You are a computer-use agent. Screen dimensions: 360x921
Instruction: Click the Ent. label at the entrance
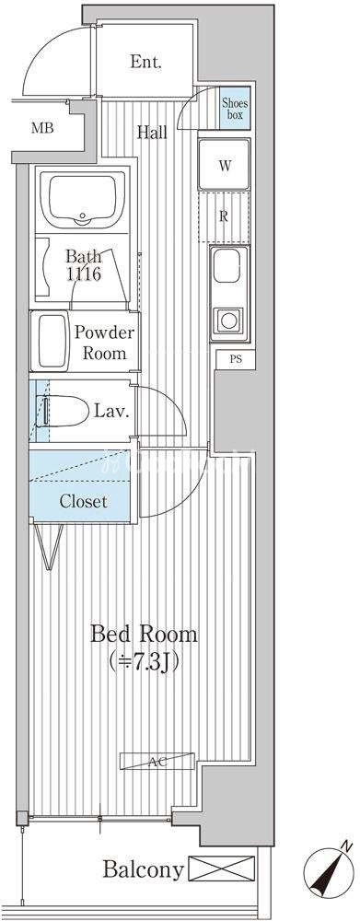click(x=145, y=62)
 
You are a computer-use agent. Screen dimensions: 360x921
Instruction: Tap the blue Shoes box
click(x=235, y=108)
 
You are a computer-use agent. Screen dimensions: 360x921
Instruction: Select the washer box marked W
click(x=225, y=165)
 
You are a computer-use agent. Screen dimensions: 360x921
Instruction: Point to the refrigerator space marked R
click(x=224, y=216)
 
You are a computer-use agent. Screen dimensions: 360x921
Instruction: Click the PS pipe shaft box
click(x=236, y=359)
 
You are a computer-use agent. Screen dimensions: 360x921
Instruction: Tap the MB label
click(x=43, y=127)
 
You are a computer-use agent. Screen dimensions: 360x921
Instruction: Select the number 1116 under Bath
click(x=83, y=274)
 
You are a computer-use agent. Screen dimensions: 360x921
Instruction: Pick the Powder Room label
click(x=104, y=343)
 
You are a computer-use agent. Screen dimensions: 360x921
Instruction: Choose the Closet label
click(x=84, y=501)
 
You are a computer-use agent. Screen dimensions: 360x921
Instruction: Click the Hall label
click(x=152, y=132)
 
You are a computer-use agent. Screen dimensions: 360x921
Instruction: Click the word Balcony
click(x=143, y=869)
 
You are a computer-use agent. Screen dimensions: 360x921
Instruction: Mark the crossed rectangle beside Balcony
click(x=222, y=869)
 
